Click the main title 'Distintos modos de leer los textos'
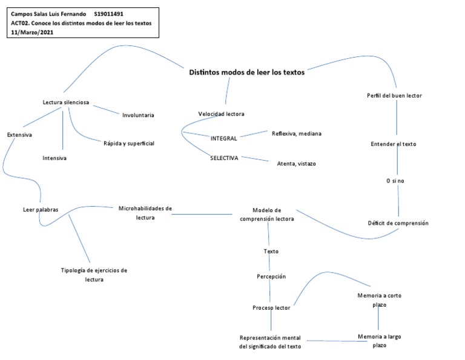pyautogui.click(x=246, y=72)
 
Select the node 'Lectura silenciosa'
pyautogui.click(x=66, y=102)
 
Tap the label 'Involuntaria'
pyautogui.click(x=138, y=115)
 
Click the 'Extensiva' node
pyautogui.click(x=19, y=135)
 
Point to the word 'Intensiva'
pyautogui.click(x=54, y=158)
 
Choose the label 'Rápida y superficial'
pyautogui.click(x=129, y=143)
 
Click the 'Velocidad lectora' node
pyautogui.click(x=221, y=114)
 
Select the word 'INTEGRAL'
pyautogui.click(x=223, y=138)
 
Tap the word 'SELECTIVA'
pyautogui.click(x=224, y=158)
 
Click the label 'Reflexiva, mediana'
pyautogui.click(x=297, y=133)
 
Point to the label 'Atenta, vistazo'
pyautogui.click(x=296, y=164)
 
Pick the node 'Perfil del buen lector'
pyautogui.click(x=394, y=96)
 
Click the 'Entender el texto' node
pyautogui.click(x=393, y=144)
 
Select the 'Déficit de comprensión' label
pyautogui.click(x=398, y=223)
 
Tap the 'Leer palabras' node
pyautogui.click(x=41, y=210)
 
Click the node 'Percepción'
pyautogui.click(x=271, y=276)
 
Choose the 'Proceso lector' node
pyautogui.click(x=271, y=308)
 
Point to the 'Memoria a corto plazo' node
pyautogui.click(x=380, y=300)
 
